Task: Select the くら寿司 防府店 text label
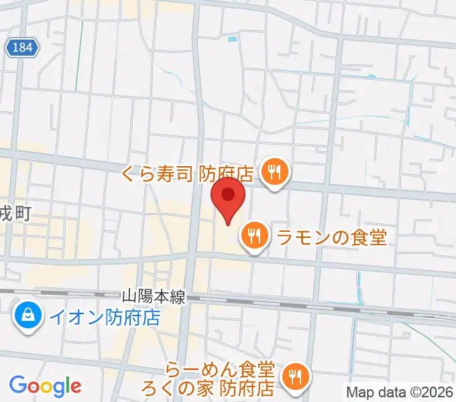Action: pyautogui.click(x=187, y=174)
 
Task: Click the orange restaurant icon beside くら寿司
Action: pyautogui.click(x=274, y=173)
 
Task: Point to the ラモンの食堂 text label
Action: pyautogui.click(x=333, y=235)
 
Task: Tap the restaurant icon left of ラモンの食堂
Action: pyautogui.click(x=253, y=235)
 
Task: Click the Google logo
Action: pyautogui.click(x=46, y=386)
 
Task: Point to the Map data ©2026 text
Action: pyautogui.click(x=400, y=392)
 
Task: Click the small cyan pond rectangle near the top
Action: pyautogui.click(x=232, y=40)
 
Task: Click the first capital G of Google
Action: pyautogui.click(x=18, y=385)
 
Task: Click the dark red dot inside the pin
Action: pyautogui.click(x=228, y=194)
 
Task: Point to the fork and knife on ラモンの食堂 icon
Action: pyautogui.click(x=253, y=235)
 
